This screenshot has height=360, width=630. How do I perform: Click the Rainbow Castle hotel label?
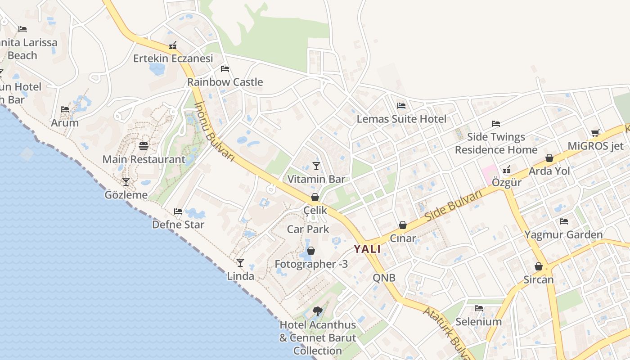tap(225, 82)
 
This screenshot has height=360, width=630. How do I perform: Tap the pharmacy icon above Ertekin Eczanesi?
tap(173, 45)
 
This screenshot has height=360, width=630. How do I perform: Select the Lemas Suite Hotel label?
tap(401, 119)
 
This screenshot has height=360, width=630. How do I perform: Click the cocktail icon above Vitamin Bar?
tap(316, 166)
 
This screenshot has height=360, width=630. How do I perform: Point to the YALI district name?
tap(367, 249)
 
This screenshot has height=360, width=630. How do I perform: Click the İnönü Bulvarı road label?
tap(215, 131)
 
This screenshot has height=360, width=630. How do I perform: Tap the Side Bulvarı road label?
tap(453, 205)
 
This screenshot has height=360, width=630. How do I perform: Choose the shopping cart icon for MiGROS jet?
tap(595, 133)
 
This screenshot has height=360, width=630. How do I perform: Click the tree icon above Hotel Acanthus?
tap(317, 311)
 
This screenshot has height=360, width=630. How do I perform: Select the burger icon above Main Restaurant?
tap(144, 146)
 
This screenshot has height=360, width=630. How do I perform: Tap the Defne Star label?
tap(178, 224)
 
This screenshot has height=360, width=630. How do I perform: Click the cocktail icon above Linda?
tap(240, 263)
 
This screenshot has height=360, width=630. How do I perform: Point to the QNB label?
tap(384, 278)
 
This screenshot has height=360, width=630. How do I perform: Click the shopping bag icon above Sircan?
tap(538, 266)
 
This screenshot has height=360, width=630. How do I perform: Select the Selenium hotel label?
tap(478, 321)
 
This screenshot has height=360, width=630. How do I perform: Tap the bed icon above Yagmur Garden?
tap(563, 221)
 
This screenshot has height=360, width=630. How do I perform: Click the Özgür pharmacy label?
tap(507, 182)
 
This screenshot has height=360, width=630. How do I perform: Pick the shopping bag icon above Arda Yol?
tap(549, 158)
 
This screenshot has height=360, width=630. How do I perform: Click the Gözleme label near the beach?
tap(126, 195)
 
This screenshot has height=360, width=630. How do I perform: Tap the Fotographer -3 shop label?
tap(311, 264)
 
